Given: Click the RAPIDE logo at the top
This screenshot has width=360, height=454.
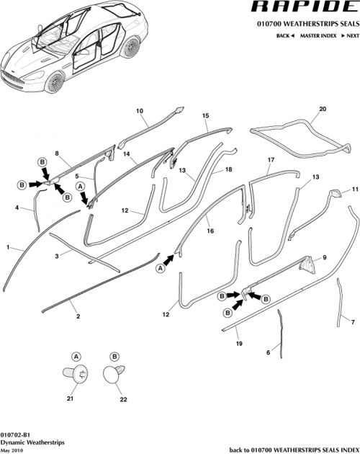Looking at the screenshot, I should point(305,9).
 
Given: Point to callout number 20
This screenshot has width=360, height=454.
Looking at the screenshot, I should point(322,109).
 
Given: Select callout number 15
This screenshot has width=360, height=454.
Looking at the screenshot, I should point(205,115).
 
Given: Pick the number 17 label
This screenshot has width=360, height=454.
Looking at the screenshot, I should point(271,159).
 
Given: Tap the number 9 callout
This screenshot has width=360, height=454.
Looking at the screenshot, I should point(324,257).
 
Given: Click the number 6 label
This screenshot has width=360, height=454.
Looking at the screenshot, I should point(268,352).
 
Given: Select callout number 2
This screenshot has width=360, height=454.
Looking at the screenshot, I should point(77,316).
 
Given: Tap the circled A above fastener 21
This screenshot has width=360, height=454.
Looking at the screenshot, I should point(77,356).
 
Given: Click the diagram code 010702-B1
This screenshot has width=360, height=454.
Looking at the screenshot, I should point(15,435).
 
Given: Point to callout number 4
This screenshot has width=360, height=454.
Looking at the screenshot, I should point(17,208).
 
